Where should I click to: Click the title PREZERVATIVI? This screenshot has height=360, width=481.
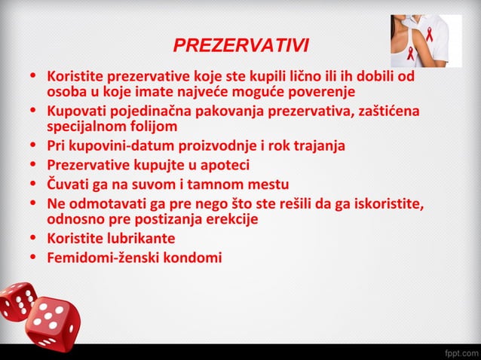[x=240, y=46]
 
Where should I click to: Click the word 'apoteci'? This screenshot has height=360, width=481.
[x=223, y=164]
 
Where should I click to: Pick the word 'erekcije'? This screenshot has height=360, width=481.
[x=230, y=219]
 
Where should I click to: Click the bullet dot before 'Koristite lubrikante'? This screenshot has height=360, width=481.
[x=33, y=239]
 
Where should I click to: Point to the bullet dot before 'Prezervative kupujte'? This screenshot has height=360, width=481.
[x=33, y=165]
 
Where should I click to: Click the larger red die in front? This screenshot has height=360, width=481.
[x=54, y=322]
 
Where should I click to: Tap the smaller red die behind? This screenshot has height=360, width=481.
[x=17, y=301]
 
